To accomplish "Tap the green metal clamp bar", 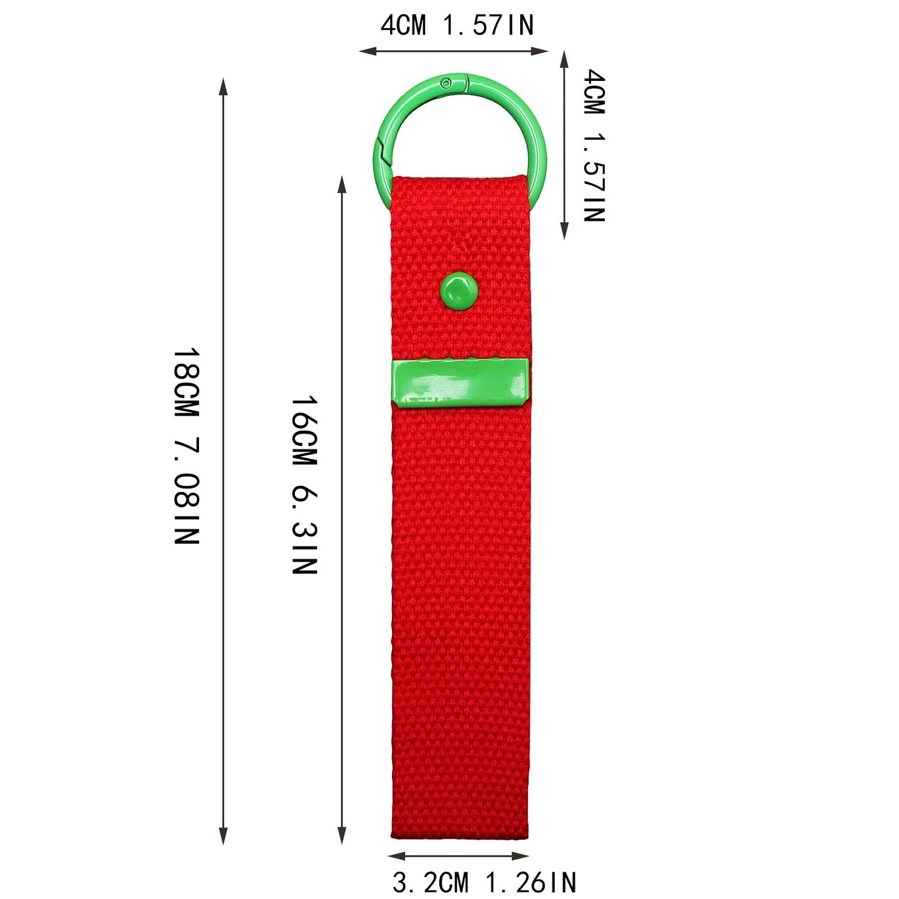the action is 460,383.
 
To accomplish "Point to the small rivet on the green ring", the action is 447,83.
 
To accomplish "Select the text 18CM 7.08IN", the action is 187,445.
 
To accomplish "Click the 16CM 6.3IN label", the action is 304,485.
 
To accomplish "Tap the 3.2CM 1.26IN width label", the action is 484,883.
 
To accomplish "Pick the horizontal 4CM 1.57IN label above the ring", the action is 457,25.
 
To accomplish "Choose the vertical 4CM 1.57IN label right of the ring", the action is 594,146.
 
